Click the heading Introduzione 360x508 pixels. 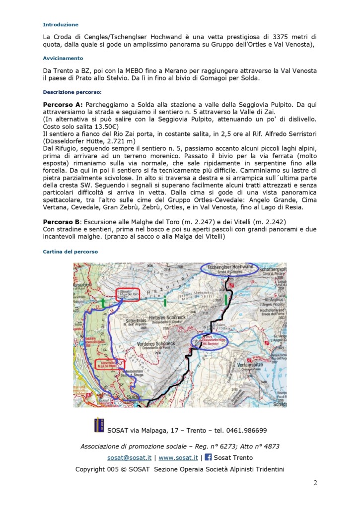(61, 24)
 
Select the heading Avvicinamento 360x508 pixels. (63, 58)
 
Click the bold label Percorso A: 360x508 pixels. (63, 105)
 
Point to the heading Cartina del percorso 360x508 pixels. (71, 252)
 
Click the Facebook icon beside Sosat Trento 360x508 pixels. (208, 457)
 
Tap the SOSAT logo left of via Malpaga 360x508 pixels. (99, 425)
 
